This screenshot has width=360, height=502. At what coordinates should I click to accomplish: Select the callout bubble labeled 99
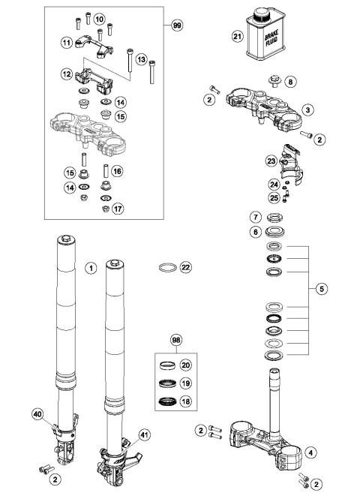176,25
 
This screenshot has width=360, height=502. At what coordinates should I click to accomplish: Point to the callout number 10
99,18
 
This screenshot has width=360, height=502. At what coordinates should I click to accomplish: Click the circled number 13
140,59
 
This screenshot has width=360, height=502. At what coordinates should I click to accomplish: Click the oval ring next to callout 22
170,266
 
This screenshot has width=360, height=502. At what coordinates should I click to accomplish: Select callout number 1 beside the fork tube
90,266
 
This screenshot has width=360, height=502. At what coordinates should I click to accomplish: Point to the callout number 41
144,433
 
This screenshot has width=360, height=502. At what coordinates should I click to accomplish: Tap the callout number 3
307,110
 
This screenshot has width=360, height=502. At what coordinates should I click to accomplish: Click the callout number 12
66,74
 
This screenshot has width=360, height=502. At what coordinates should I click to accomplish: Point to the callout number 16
118,171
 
